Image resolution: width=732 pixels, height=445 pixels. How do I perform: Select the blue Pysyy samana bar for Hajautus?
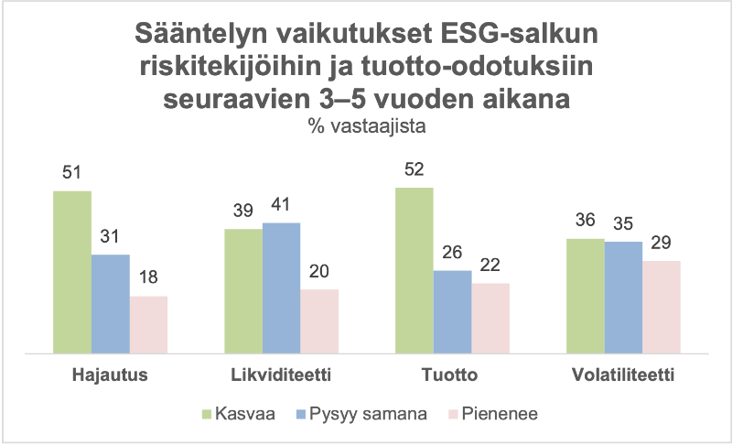coord(111,303)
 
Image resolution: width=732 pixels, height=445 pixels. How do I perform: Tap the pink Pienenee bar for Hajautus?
coord(148,324)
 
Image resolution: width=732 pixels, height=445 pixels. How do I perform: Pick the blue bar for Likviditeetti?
coord(282,288)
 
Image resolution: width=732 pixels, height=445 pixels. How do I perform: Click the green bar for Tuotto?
coord(414,270)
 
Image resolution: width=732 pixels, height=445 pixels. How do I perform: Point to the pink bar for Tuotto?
coord(490,318)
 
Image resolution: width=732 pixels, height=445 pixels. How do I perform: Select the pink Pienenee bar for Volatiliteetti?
coord(662,307)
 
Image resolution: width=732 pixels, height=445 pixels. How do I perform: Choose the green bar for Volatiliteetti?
coord(586,296)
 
